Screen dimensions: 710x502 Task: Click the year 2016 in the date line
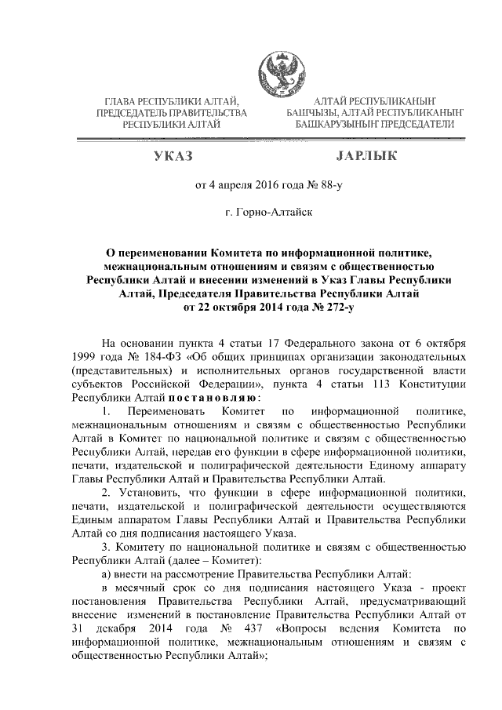coord(264,186)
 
